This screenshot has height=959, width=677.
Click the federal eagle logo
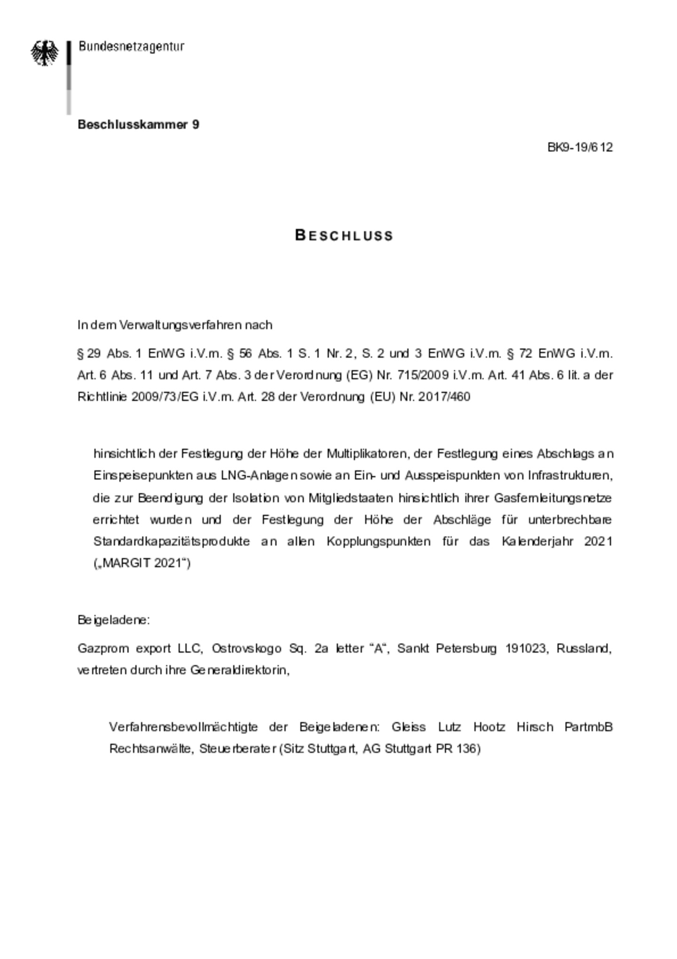pos(45,53)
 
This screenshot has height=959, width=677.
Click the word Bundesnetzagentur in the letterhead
pos(131,47)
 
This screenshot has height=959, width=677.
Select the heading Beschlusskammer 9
pos(138,125)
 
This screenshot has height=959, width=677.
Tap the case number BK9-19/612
pos(580,147)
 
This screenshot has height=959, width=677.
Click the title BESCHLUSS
pos(344,235)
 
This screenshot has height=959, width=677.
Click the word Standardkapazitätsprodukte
pos(172,542)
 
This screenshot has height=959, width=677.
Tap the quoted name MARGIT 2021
pos(142,563)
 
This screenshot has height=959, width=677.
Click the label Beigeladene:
pos(114,620)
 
